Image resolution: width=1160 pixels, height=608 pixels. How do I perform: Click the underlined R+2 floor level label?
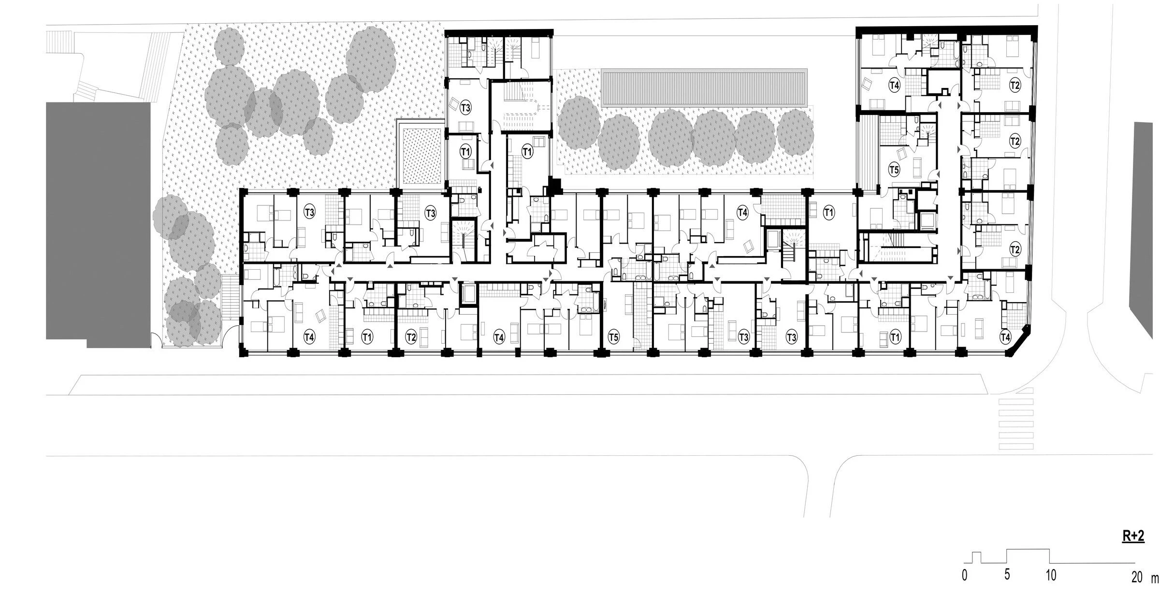(x=1133, y=537)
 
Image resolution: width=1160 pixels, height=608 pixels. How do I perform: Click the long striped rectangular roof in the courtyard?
(x=777, y=87)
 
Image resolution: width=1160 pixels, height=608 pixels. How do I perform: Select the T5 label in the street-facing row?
(x=613, y=336)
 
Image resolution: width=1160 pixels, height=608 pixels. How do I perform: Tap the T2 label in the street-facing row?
(x=411, y=336)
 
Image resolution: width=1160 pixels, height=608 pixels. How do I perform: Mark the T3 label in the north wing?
(x=465, y=107)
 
